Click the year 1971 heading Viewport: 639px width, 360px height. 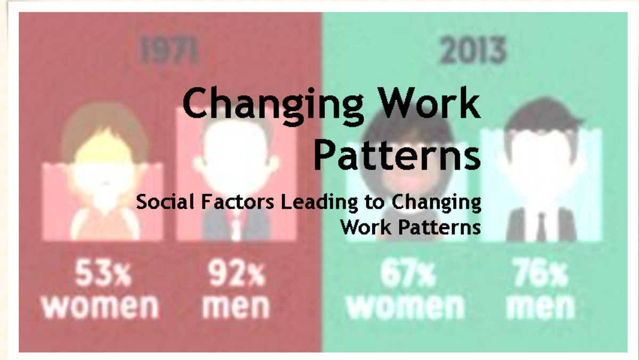point(169,52)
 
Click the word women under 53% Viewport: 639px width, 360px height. point(101,306)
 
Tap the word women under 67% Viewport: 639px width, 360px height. point(405,306)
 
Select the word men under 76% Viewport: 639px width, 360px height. point(540,306)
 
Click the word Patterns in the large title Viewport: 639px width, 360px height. point(397,153)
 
